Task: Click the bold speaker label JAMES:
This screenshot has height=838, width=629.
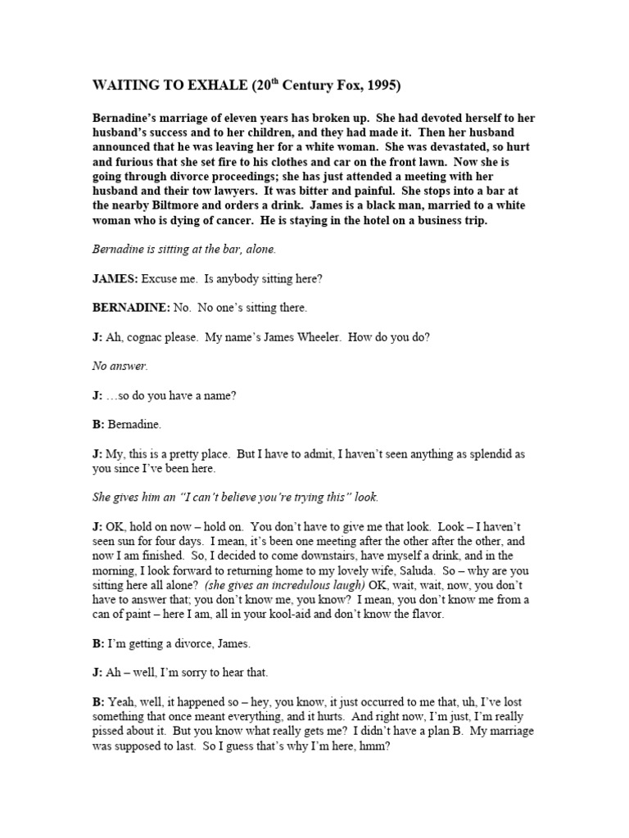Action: [x=115, y=279]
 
